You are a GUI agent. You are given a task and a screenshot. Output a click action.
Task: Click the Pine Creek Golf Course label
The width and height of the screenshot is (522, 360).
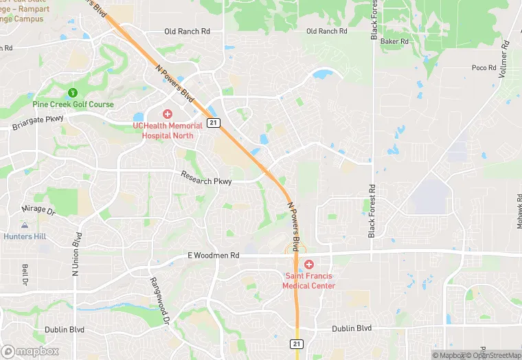pyautogui.click(x=73, y=104)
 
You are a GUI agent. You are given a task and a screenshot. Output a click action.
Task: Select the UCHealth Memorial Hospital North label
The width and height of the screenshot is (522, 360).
pyautogui.click(x=168, y=131)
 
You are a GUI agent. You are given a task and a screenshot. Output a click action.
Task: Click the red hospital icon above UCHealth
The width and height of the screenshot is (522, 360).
pyautogui.click(x=168, y=113)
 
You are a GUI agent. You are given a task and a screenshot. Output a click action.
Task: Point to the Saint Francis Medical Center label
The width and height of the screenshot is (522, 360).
pyautogui.click(x=309, y=281)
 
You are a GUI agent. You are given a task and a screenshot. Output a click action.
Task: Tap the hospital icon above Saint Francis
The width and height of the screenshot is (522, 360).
pyautogui.click(x=309, y=265)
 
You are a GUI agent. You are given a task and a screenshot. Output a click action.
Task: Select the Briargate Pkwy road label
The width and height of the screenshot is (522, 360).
pyautogui.click(x=38, y=123)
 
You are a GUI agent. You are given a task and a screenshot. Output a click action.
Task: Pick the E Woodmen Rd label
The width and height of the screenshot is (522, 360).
pyautogui.click(x=214, y=256)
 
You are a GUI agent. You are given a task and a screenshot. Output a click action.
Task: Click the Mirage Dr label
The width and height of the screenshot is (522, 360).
pyautogui.click(x=38, y=209)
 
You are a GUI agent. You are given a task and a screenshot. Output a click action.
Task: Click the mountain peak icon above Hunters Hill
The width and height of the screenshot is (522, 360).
pyautogui.click(x=25, y=225)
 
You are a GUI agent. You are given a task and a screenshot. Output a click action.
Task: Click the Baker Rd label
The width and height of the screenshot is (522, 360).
pyautogui.click(x=394, y=42)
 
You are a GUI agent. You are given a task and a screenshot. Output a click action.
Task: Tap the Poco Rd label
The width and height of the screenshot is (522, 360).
pyautogui.click(x=484, y=67)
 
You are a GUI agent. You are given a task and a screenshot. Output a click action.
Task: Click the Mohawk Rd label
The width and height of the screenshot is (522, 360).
pyautogui.click(x=519, y=207)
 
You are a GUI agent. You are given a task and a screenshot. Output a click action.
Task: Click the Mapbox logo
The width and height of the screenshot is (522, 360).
pyautogui.click(x=31, y=351)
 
